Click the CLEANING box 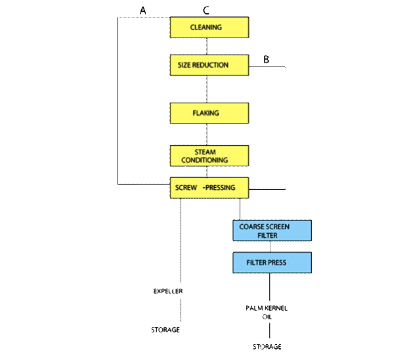tap(209, 28)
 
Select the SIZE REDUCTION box tap(209, 65)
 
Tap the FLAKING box tap(209, 113)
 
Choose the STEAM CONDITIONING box tap(209, 155)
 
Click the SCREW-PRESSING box tap(209, 188)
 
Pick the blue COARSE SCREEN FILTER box tap(271, 230)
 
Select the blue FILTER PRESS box tap(271, 262)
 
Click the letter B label tap(266, 60)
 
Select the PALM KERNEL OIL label tap(268, 312)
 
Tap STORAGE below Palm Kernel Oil tap(267, 346)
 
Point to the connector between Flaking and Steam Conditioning tap(207, 134)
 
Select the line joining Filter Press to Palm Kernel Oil tap(269, 287)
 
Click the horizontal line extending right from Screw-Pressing tap(267, 189)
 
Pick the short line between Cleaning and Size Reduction tap(207, 46)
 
